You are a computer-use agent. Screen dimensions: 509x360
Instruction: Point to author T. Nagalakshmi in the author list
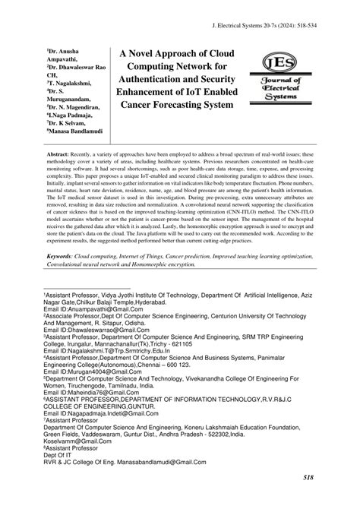pos(71,83)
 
